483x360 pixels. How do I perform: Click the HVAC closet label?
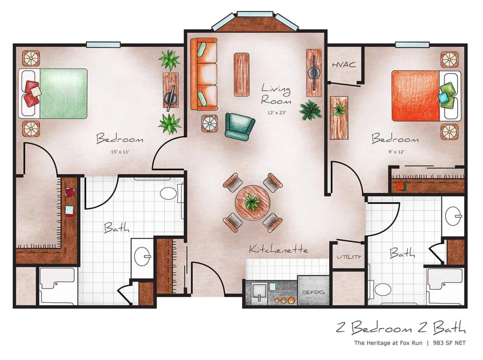tap(344, 65)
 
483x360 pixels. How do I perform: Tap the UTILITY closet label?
tap(349, 257)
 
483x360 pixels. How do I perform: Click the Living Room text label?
tap(276, 95)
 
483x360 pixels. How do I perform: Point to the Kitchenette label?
tap(279, 249)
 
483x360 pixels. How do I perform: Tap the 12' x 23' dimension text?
tap(276, 112)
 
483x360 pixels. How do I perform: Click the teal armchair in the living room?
tap(239, 125)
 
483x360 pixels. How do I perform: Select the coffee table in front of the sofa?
tap(241, 74)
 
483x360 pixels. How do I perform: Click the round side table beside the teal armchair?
tap(210, 124)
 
